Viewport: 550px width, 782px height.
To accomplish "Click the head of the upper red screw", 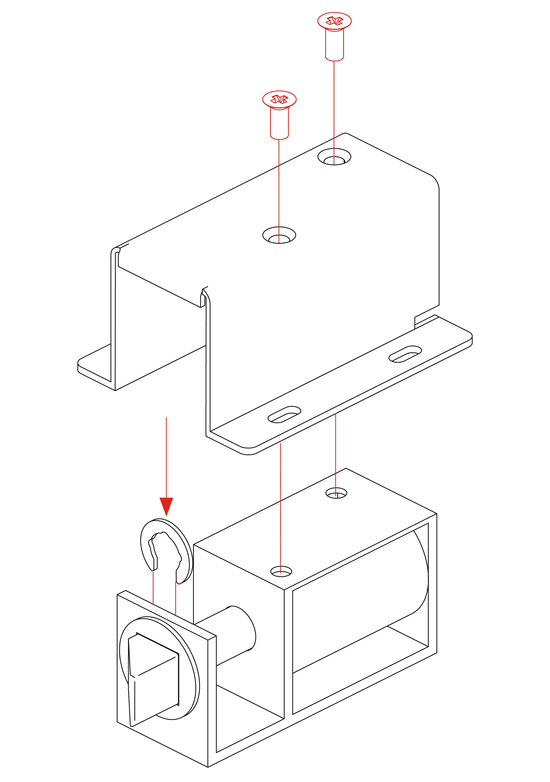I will (334, 21).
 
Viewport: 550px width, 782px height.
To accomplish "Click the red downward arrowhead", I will (166, 506).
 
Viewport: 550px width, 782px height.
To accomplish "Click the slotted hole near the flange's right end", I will (405, 354).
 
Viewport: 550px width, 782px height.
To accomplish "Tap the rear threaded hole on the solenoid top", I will (337, 493).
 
